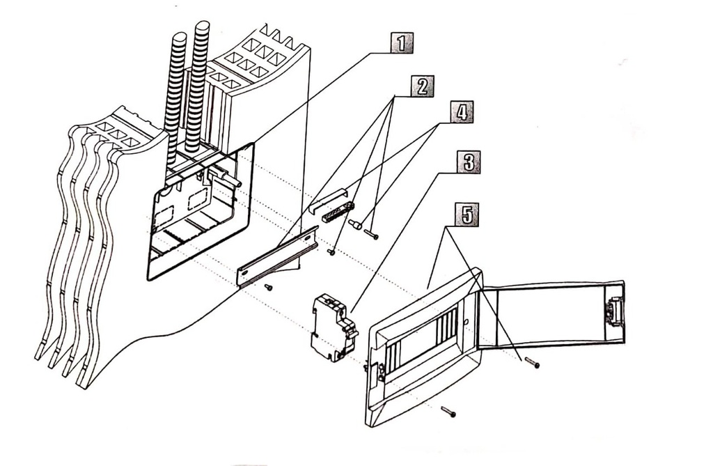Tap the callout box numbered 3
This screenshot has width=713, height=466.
(468, 162)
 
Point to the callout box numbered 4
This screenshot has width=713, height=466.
(460, 111)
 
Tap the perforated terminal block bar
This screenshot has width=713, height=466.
(338, 212)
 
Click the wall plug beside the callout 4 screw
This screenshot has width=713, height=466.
(356, 225)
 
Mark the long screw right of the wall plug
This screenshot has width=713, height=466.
(371, 235)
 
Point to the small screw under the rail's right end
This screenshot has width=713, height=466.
(331, 252)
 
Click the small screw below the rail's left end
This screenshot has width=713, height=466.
(269, 286)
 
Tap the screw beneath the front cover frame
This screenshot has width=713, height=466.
(448, 412)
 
